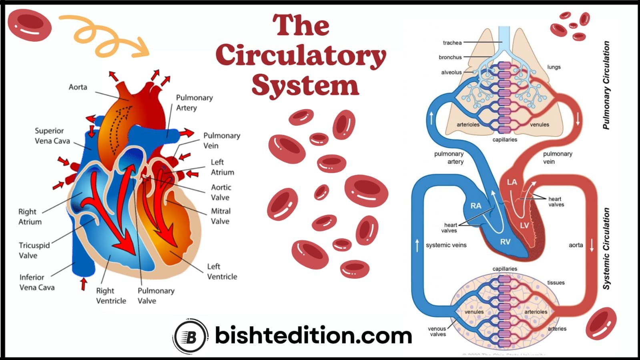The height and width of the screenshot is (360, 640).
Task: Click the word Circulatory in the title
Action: point(301,56)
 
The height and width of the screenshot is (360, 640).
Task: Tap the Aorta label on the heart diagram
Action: point(78,87)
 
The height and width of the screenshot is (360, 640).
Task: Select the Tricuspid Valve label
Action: point(34,250)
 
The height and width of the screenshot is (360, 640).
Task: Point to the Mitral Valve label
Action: point(221,216)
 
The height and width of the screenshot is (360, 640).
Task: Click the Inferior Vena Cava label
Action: point(37,282)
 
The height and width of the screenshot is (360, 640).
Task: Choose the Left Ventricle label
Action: point(222,272)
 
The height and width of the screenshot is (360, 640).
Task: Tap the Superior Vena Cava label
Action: point(52,136)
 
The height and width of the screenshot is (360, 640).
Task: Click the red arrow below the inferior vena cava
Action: point(83,284)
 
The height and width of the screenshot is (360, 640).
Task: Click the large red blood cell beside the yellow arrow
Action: point(30,25)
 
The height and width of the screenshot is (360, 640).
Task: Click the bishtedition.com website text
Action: point(313,336)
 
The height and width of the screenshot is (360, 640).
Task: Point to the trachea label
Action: point(452,43)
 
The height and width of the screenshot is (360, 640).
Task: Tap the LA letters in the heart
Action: point(512,182)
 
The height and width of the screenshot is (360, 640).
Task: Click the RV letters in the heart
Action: point(505,242)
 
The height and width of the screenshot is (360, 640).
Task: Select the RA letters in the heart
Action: point(475,206)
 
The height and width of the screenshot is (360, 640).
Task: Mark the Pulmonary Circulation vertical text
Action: point(606,85)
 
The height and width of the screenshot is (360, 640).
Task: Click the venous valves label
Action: point(437,332)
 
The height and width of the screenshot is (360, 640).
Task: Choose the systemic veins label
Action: point(446,245)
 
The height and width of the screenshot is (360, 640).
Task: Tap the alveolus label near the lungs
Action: point(451,72)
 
